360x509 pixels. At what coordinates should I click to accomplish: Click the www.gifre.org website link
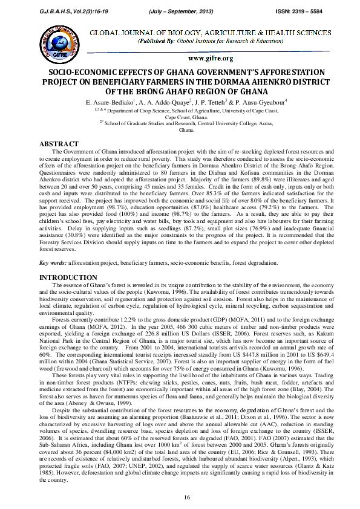(x=211, y=58)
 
